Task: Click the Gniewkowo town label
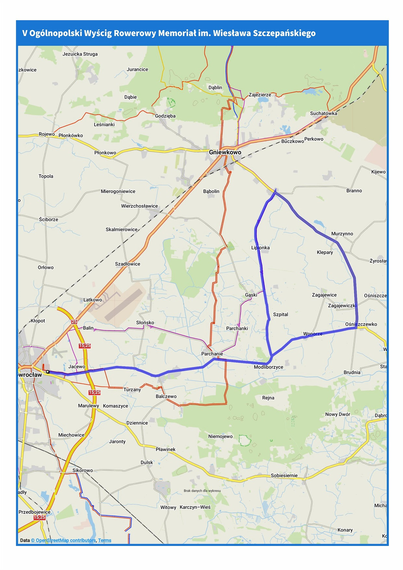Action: tap(225, 152)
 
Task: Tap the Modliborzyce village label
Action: tap(268, 367)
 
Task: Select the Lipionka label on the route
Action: tap(260, 248)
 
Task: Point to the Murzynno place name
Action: tap(342, 234)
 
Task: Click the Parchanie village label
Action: tap(212, 354)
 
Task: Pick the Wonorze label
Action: tap(313, 334)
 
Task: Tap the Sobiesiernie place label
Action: tap(284, 475)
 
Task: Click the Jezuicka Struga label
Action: tap(80, 54)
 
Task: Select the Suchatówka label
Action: tap(323, 113)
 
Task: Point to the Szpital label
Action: tap(281, 314)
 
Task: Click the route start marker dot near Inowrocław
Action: tap(47, 371)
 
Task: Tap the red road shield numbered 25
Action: tap(74, 322)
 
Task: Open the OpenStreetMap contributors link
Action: tap(63, 540)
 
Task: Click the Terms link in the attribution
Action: tap(105, 540)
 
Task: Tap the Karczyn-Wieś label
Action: tap(195, 507)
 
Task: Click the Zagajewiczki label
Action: tap(342, 305)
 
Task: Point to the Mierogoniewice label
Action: tap(118, 191)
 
